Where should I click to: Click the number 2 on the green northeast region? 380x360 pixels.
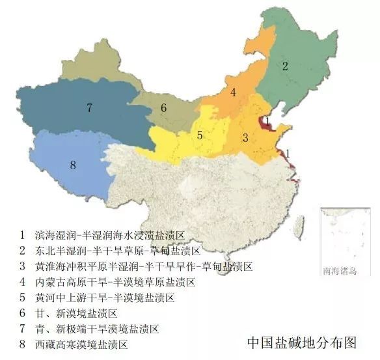284,66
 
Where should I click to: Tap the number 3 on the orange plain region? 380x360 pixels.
245,137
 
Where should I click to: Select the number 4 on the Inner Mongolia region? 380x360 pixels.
233,92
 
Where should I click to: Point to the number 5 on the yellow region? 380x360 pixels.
200,135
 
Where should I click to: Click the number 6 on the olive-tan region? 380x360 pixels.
164,108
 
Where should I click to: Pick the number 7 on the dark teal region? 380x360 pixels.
89,108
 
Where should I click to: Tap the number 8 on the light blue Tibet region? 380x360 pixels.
73,165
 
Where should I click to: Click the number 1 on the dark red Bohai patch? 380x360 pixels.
267,120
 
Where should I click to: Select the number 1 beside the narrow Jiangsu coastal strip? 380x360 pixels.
288,152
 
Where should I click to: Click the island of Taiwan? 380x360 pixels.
299,225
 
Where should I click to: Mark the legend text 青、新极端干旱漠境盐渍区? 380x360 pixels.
97,329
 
